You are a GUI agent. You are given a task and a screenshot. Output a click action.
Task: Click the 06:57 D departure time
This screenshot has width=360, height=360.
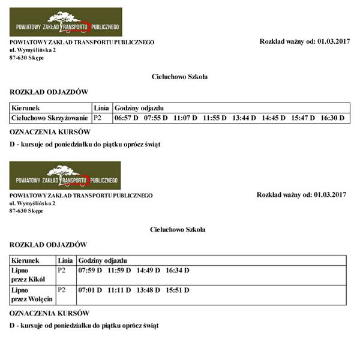[127, 118]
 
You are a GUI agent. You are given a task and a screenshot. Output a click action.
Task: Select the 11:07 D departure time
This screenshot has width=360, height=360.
[185, 118]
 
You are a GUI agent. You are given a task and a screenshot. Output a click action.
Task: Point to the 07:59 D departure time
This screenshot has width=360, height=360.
[91, 271]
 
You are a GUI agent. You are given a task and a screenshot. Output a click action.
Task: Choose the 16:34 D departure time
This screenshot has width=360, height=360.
[178, 271]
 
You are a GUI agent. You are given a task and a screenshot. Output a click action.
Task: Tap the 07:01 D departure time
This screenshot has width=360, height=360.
[91, 290]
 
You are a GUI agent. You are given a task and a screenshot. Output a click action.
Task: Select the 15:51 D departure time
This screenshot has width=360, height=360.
[178, 290]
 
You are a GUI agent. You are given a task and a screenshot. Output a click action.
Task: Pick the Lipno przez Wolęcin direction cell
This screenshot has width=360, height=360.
[32, 295]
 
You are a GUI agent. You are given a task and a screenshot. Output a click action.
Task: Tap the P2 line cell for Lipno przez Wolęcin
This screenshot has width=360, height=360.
[61, 290]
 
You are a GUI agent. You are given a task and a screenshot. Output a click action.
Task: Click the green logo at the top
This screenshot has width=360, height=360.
[66, 22]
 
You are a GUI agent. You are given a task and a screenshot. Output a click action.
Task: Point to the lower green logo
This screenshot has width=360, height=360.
[65, 176]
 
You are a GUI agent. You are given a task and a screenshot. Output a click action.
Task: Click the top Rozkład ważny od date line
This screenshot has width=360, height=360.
[304, 41]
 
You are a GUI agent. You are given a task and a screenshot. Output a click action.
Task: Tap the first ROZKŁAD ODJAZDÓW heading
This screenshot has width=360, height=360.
[49, 92]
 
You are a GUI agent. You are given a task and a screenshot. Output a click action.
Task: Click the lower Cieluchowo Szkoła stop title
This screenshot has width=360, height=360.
[178, 229]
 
